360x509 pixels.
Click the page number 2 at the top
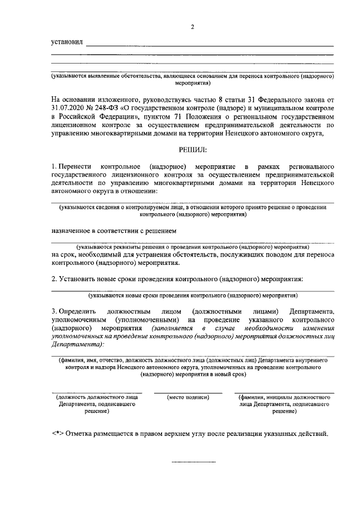point(192,28)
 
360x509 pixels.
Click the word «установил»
point(66,42)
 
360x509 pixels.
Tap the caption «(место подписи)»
point(188,397)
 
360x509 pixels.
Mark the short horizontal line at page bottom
point(193,462)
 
